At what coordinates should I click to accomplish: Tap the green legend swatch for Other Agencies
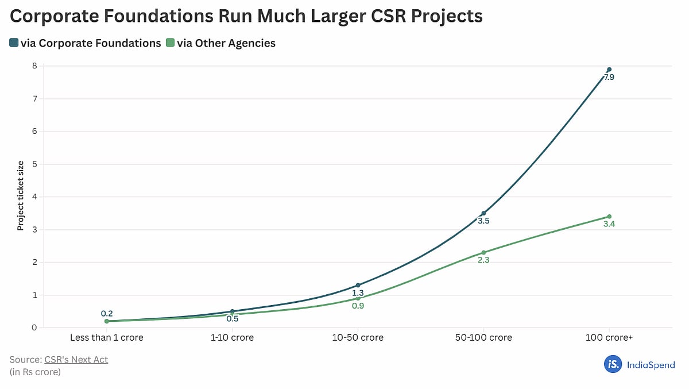click(x=170, y=43)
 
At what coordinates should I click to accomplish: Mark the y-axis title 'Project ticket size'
click(x=21, y=197)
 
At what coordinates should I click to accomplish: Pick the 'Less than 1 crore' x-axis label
click(x=107, y=338)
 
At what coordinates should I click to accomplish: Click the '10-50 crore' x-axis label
click(x=358, y=338)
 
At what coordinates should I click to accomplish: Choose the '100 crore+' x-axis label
click(x=609, y=338)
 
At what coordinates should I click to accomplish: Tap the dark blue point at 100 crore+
click(x=609, y=70)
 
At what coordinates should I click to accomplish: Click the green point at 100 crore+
click(x=609, y=217)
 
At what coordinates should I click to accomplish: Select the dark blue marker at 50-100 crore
click(x=483, y=213)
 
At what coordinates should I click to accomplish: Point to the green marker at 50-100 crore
click(x=483, y=252)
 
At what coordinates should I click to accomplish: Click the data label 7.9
click(x=609, y=77)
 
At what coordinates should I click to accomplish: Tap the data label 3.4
click(x=609, y=224)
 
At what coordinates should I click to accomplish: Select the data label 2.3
click(x=483, y=260)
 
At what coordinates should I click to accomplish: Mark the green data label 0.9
click(x=358, y=306)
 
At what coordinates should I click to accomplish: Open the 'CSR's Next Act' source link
click(x=76, y=360)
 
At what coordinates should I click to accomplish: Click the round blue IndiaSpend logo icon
click(x=613, y=364)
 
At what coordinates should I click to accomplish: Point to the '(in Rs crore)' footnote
click(x=35, y=372)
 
